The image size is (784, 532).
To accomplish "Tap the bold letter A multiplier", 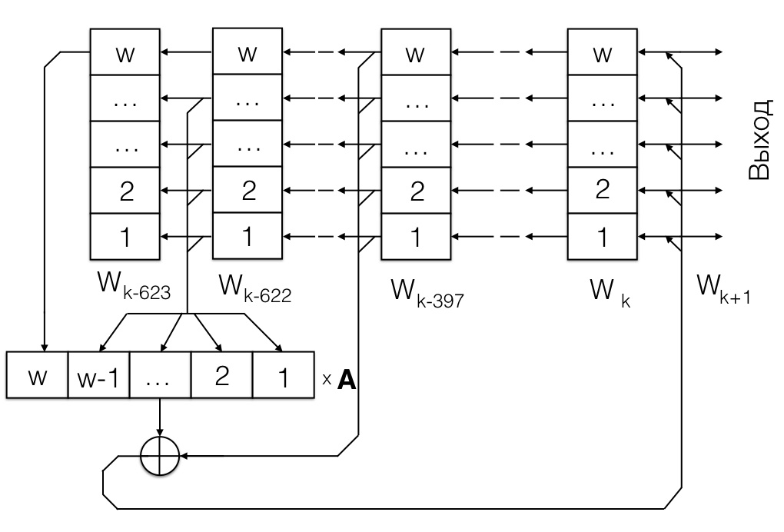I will coord(347,381).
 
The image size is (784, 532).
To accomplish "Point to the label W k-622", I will coord(254,290).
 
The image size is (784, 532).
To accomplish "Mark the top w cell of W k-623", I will coord(125,53).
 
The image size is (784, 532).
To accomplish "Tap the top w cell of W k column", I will coord(603,53).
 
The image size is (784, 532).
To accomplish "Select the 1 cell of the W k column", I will coord(603,236).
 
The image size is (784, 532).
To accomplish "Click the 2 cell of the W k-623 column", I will coord(125,191).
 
